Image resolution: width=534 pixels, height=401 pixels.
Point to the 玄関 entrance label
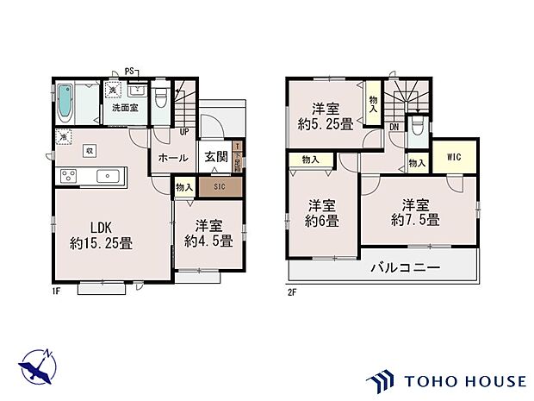coord(215,158)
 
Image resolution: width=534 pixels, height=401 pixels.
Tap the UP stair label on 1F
coord(183,132)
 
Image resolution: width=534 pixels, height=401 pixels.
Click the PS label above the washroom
coord(129,71)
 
